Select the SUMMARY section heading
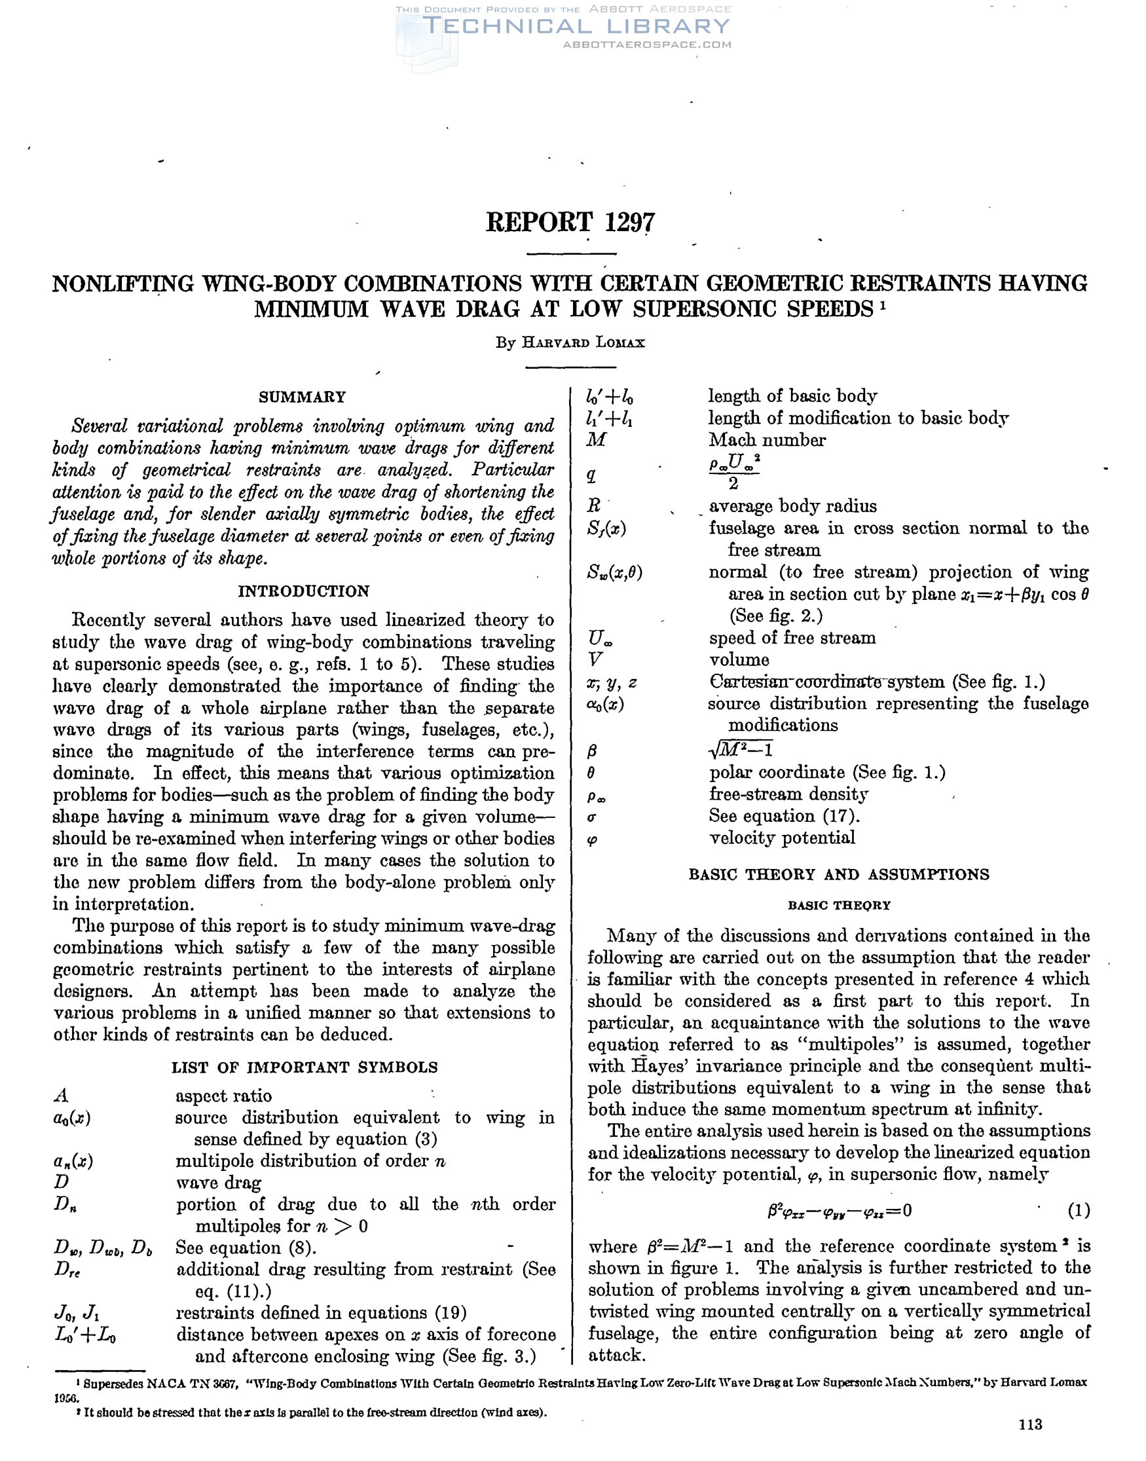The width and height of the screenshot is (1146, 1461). [303, 397]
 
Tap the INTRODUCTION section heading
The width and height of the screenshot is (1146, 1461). [303, 591]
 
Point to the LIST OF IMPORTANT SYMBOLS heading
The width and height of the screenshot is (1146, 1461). [305, 1067]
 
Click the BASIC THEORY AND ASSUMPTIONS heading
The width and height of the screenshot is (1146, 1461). [839, 874]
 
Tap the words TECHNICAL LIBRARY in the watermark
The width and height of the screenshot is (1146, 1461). [578, 26]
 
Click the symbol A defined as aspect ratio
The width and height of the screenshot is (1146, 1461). [61, 1096]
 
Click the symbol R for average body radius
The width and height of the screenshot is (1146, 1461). [594, 506]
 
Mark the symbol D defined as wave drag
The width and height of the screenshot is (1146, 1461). [62, 1182]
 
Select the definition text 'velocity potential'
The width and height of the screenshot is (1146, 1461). [783, 837]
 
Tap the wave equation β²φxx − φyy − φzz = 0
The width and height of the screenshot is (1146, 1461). [840, 1211]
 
